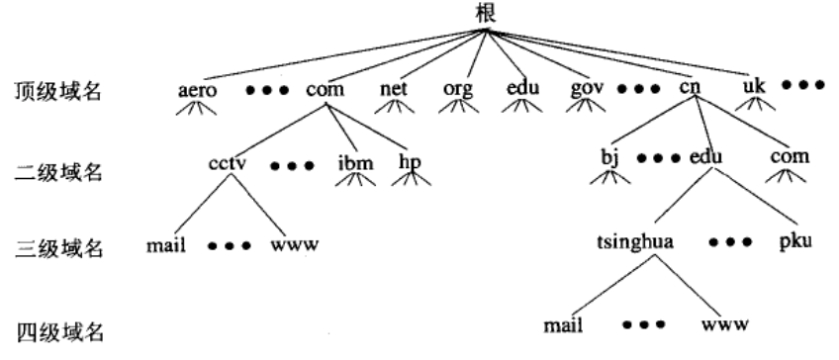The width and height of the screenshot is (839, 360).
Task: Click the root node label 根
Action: tap(485, 13)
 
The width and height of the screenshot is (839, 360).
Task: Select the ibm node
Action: tap(355, 160)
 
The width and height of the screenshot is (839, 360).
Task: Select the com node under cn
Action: tap(790, 158)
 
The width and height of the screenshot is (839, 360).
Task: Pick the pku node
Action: tap(793, 241)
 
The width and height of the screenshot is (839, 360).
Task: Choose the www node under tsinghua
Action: tap(724, 323)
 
